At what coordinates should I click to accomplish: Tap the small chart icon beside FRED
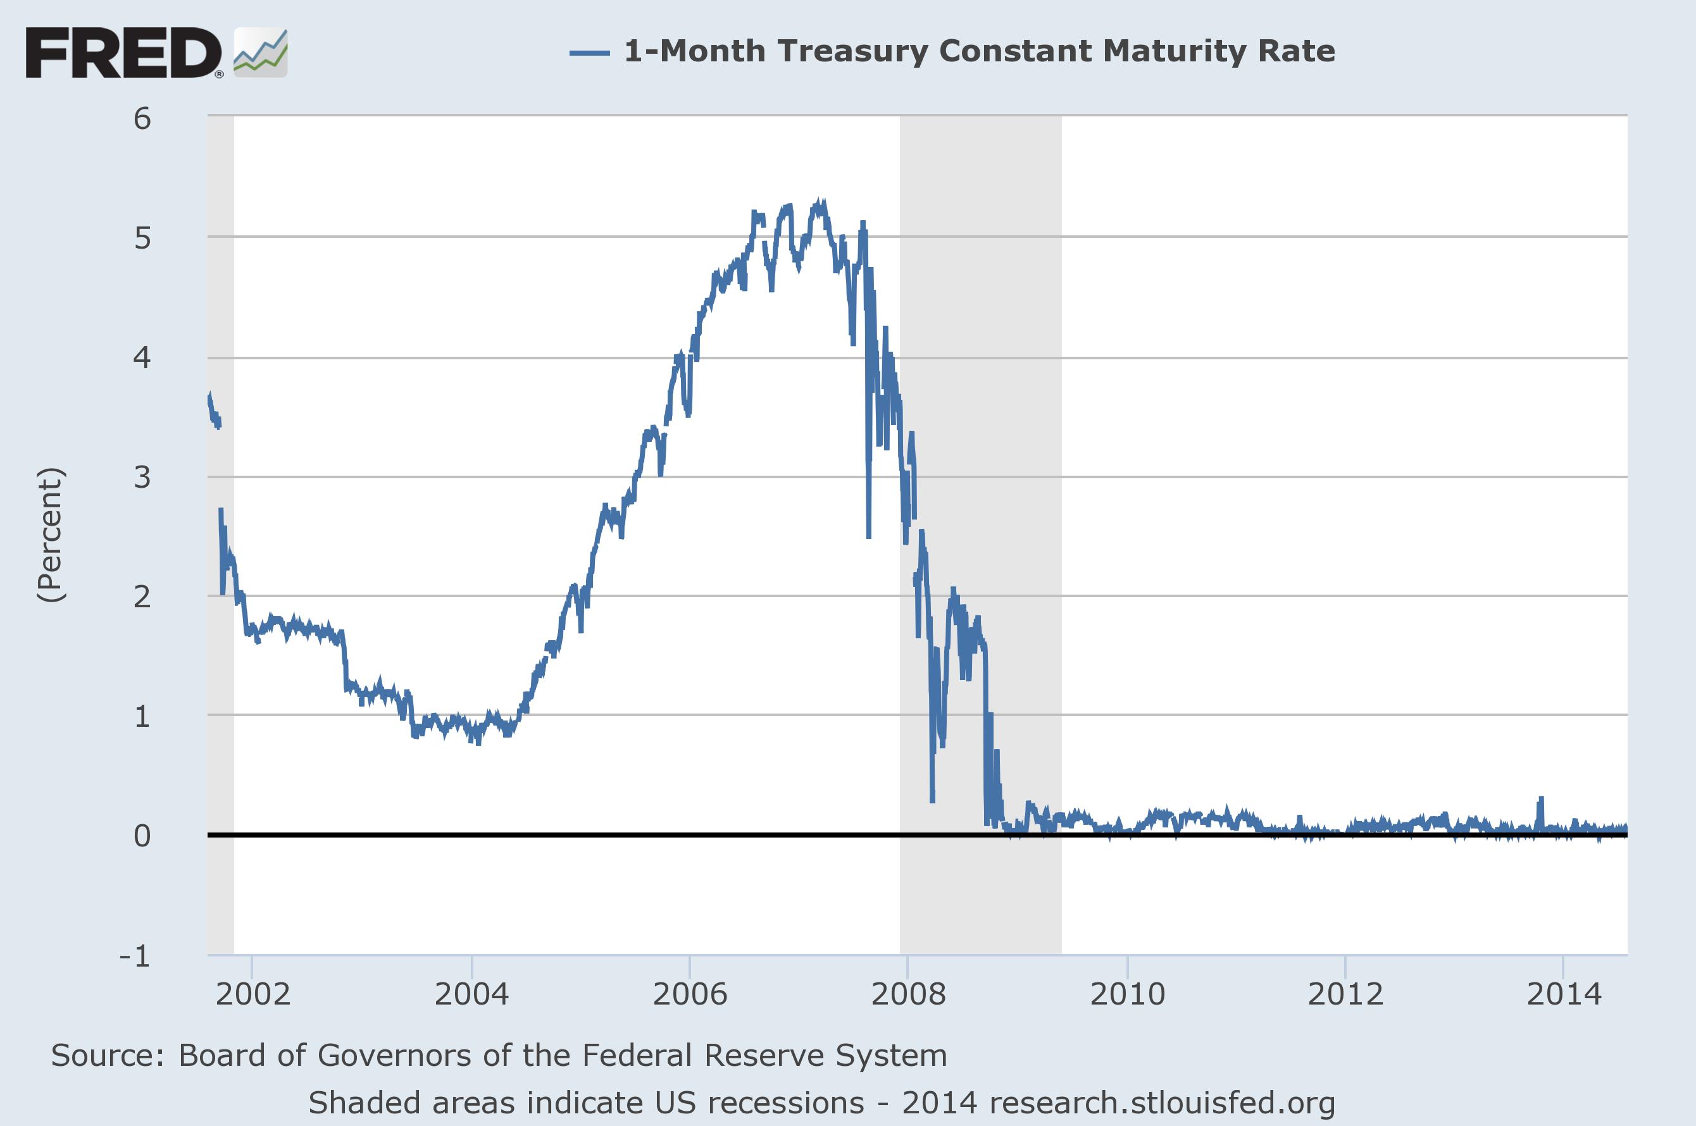pyautogui.click(x=261, y=53)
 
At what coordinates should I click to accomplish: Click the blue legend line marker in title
pyautogui.click(x=590, y=53)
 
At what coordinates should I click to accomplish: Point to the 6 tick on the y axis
pyautogui.click(x=142, y=118)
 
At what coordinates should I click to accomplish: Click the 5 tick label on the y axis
pyautogui.click(x=142, y=238)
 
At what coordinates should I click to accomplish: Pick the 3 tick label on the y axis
pyautogui.click(x=142, y=477)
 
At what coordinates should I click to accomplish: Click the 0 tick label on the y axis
pyautogui.click(x=142, y=835)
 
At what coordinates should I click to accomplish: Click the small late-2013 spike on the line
pyautogui.click(x=1541, y=799)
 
